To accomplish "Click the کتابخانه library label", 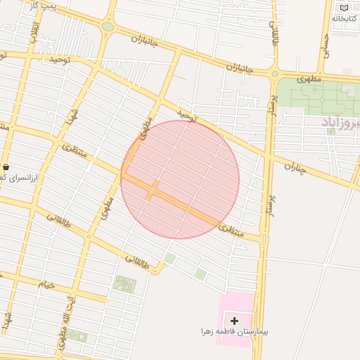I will [343, 18].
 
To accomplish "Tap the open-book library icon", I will [344, 8].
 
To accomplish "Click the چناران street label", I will [297, 167].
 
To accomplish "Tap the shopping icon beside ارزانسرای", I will [6, 167].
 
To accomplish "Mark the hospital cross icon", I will [234, 321].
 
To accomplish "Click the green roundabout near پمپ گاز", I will [108, 27].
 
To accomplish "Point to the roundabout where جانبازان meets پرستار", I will [275, 73].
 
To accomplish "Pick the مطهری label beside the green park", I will [309, 79].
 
